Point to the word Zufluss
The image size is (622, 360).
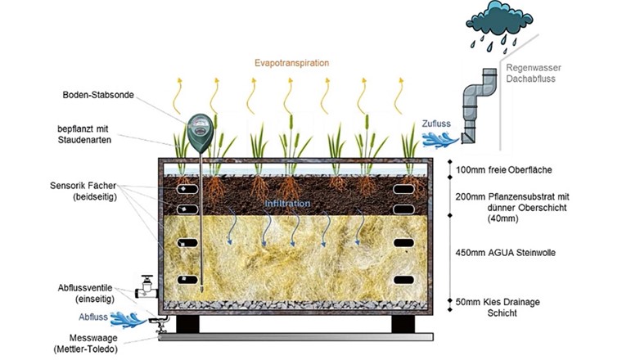(436, 124)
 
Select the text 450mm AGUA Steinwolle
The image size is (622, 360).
(507, 253)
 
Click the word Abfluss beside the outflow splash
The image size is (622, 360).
(94, 318)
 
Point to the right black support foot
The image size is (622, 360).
(402, 323)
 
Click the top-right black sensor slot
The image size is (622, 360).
(405, 189)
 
